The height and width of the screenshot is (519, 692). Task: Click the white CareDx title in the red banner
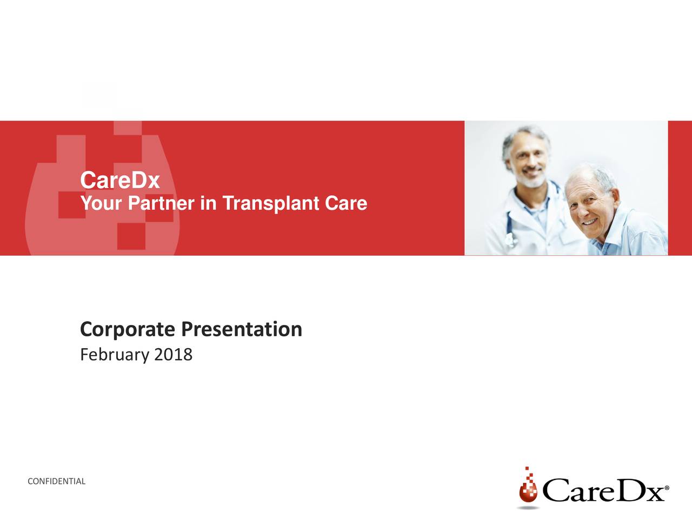pyautogui.click(x=120, y=180)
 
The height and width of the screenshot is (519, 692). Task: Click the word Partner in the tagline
pyautogui.click(x=161, y=203)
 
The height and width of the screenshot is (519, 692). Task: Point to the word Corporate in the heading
pyautogui.click(x=128, y=330)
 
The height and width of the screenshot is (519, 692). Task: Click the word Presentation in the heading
pyautogui.click(x=242, y=329)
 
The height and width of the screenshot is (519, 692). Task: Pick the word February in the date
pyautogui.click(x=115, y=355)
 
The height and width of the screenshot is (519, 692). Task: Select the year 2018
pyautogui.click(x=173, y=355)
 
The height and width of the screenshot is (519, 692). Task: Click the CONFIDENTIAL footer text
pyautogui.click(x=56, y=482)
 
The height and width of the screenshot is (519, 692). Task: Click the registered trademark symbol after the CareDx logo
pyautogui.click(x=667, y=488)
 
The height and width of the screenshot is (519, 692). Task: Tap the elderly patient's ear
pyautogui.click(x=615, y=201)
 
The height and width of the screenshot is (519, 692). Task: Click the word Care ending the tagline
pyautogui.click(x=346, y=203)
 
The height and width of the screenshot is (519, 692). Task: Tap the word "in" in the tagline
pyautogui.click(x=208, y=203)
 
